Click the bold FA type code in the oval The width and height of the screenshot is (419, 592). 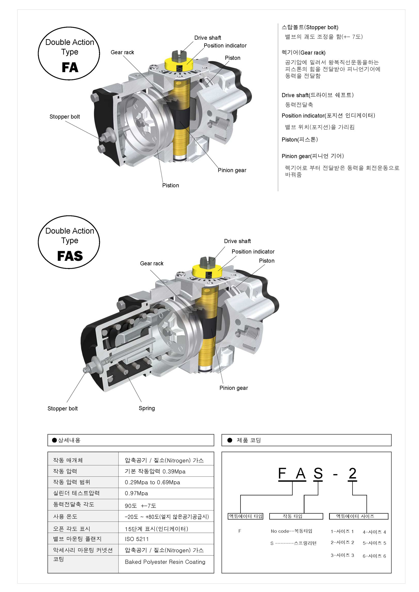(70, 67)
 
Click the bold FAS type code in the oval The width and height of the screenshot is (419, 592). (70, 256)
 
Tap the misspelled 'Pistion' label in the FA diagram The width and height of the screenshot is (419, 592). (170, 185)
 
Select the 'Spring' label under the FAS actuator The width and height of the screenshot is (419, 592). (147, 408)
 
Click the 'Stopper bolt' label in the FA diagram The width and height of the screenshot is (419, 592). (65, 117)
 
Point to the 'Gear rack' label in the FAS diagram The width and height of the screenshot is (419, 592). (152, 263)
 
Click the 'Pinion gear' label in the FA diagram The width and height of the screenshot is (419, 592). (232, 170)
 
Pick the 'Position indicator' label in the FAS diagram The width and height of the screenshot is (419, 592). (253, 252)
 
